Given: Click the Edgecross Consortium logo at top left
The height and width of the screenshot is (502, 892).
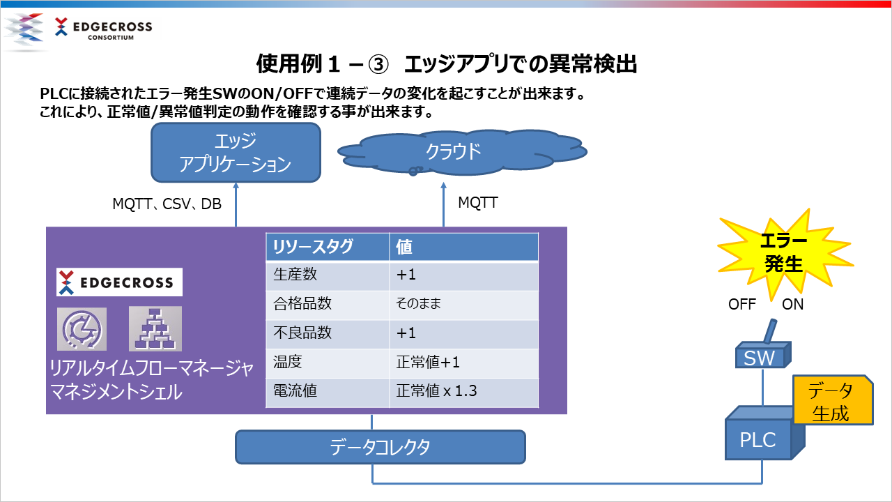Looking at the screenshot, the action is pos(79,29).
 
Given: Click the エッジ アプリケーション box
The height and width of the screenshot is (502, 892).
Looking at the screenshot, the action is pos(236,153).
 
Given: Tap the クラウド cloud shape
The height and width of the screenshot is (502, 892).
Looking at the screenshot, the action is pos(462,152).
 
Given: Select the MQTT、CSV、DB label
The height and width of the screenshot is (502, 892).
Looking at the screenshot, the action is pos(167,204).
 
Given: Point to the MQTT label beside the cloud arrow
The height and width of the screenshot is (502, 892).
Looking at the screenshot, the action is pos(478,202).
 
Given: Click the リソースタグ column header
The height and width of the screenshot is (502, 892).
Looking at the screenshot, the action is pos(313,247).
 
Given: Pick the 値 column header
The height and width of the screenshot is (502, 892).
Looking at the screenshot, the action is pos(403,247).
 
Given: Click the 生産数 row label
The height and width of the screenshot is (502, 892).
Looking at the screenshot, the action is pos(295,275).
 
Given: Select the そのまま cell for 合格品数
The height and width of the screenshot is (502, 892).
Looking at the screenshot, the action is pos(419,303).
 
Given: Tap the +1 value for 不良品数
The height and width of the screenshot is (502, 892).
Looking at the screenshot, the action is pos(406,333).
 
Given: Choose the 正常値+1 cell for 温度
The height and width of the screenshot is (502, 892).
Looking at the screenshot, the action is pos(428,362).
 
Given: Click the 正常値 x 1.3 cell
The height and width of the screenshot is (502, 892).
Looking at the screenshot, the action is pos(436,391).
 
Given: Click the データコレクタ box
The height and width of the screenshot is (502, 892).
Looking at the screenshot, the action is pos(380,447).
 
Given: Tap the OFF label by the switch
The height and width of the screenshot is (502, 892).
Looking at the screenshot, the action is pos(742,305).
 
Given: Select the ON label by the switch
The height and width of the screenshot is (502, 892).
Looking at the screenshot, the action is pos(792,305).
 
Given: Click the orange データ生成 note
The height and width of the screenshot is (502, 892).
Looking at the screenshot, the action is pos(833,400).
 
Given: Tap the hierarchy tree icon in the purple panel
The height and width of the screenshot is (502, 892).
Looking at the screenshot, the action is pos(155,328).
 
